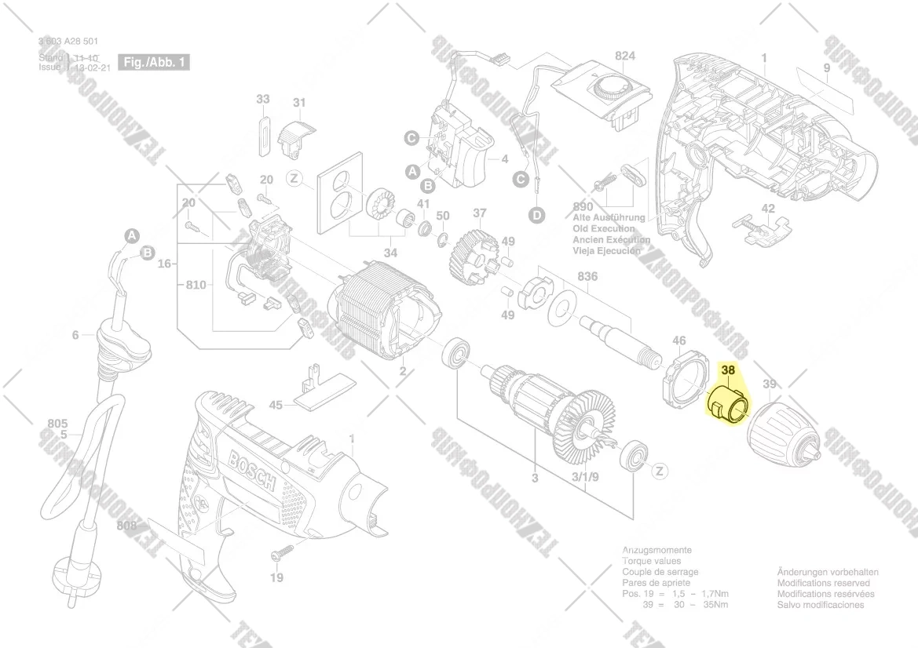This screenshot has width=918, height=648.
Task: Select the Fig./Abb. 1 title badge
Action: point(154,62)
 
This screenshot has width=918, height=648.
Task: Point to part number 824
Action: point(624,56)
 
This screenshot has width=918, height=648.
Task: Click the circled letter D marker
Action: point(536,214)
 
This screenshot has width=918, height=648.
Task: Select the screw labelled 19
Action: point(281,555)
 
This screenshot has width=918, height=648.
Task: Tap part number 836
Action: point(587,276)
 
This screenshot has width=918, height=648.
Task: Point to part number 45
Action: point(276,405)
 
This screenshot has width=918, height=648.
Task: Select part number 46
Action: point(678,340)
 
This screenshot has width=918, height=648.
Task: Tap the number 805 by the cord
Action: point(57,424)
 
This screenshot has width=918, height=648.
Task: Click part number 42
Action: point(768,209)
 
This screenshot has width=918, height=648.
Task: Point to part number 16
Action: point(164,264)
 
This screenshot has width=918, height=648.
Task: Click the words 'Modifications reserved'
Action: point(823,584)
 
